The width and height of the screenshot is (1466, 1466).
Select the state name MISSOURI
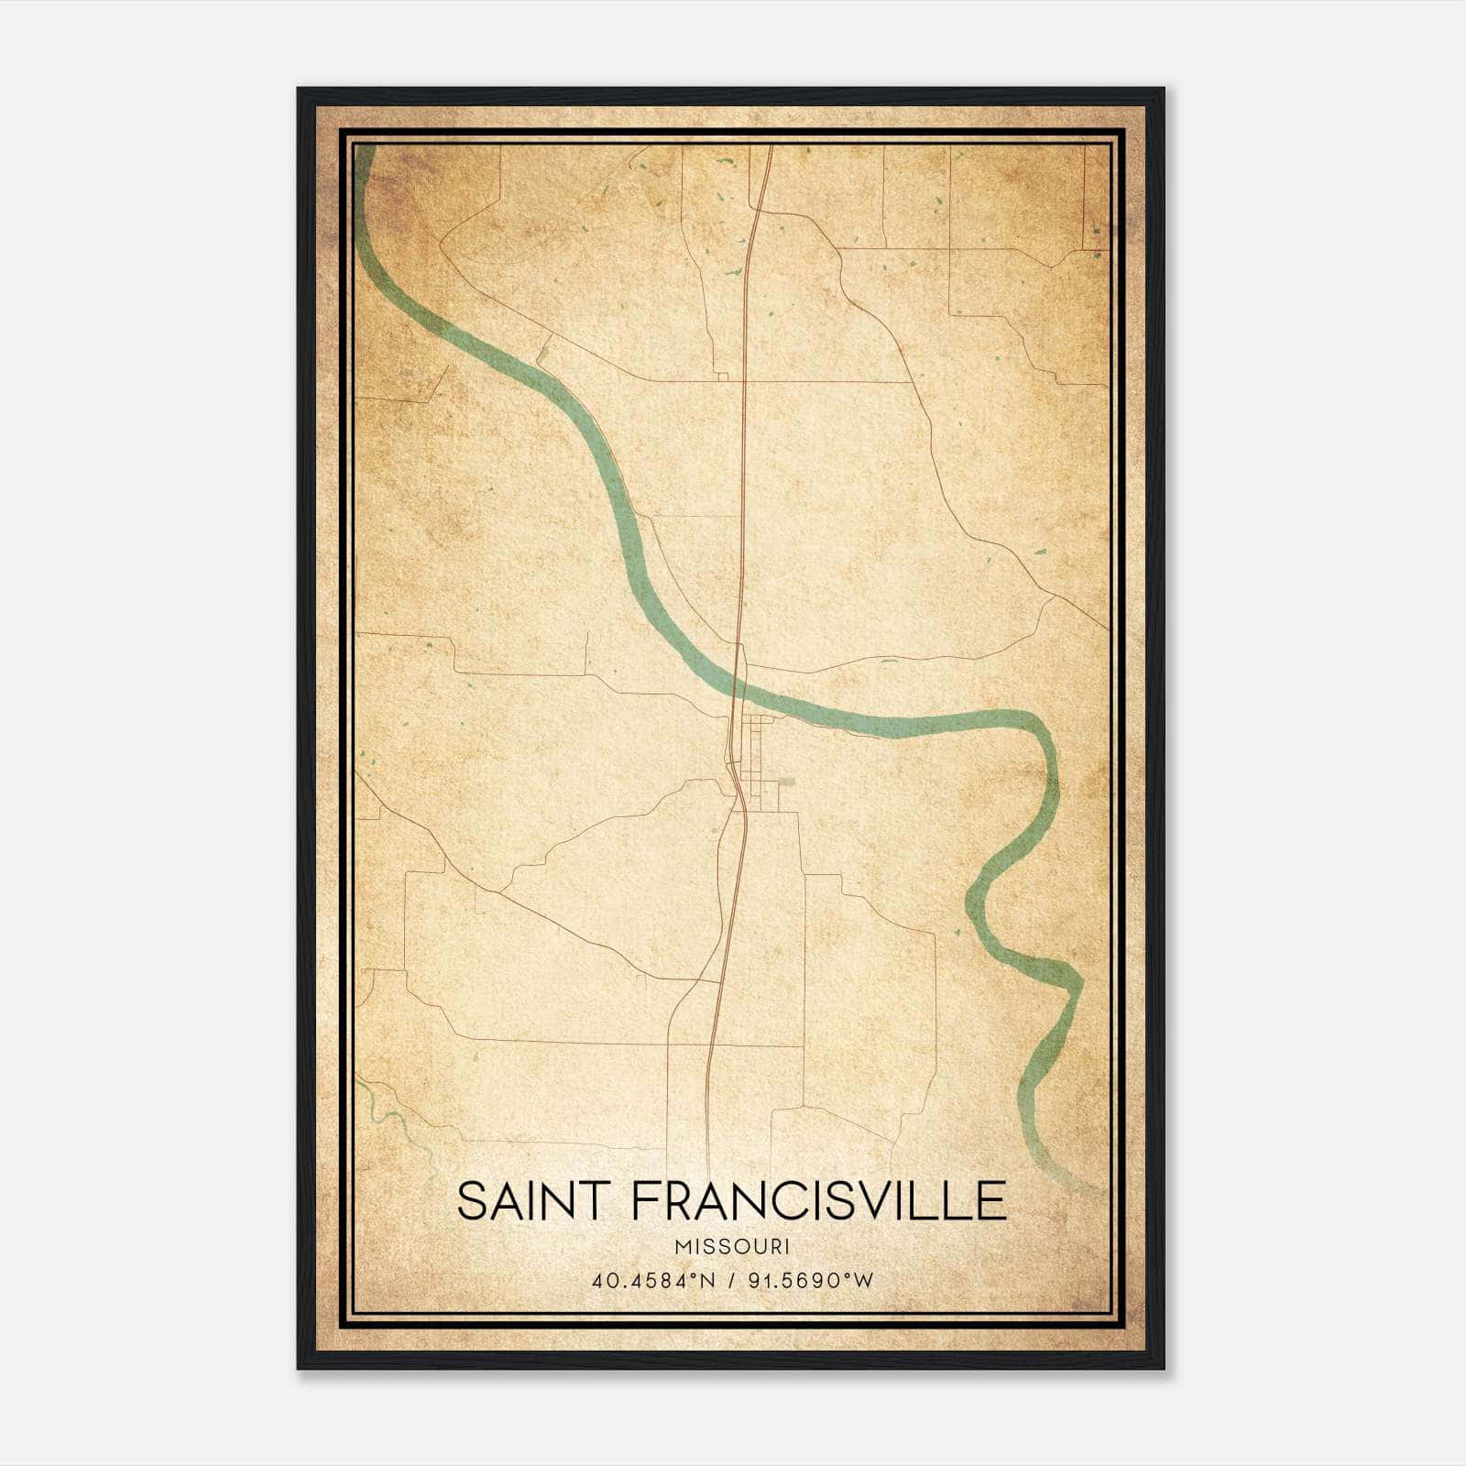(x=732, y=1247)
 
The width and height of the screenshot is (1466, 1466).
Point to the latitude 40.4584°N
(x=652, y=1281)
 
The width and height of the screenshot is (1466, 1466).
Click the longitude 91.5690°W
(x=811, y=1281)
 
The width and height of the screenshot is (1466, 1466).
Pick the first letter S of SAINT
(x=471, y=1200)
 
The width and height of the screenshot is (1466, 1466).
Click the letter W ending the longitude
(x=863, y=1281)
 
